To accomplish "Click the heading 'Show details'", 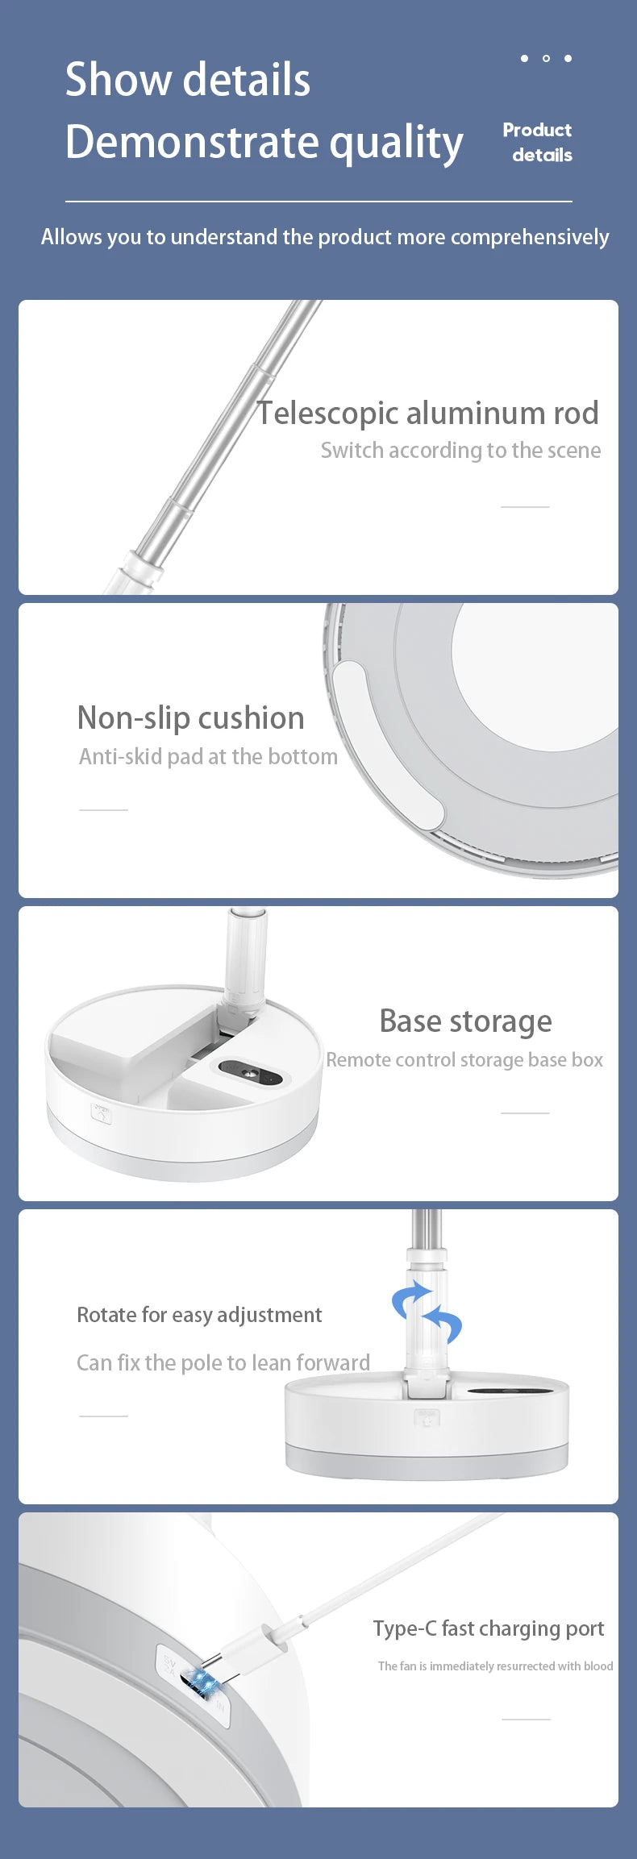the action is [187, 80].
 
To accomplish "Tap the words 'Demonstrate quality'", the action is [264, 143].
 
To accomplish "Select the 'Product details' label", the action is [537, 142].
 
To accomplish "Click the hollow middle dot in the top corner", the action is [546, 58].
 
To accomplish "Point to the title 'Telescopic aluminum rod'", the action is [427, 413].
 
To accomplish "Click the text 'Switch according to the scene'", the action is [460, 450].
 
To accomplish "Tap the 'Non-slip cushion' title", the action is [191, 717].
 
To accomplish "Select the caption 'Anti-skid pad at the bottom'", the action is [208, 756].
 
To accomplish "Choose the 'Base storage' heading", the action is [466, 1021].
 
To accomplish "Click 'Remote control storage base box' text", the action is [464, 1060].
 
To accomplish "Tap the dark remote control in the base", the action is [250, 1072].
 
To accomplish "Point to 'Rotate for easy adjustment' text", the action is [199, 1315].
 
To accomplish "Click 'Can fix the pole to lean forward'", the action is [223, 1362].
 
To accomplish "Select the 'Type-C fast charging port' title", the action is [489, 1628].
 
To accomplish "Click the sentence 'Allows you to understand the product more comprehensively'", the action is [325, 237].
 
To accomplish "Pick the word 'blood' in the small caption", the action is [598, 1666].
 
